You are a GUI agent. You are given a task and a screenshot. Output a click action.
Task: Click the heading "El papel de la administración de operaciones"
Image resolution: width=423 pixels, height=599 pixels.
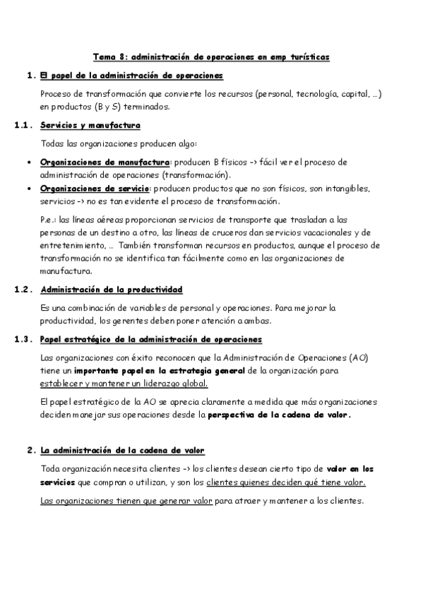coord(132,75)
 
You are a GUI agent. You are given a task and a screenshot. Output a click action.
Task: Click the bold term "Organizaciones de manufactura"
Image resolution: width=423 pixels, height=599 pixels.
coord(105,162)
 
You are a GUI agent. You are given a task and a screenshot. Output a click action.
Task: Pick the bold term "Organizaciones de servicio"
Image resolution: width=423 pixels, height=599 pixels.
coord(95,189)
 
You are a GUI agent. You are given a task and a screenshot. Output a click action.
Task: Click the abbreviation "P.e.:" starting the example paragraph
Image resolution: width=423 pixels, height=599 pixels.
coord(49,220)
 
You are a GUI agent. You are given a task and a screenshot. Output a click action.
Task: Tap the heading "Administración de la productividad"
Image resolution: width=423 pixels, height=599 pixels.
coord(112,290)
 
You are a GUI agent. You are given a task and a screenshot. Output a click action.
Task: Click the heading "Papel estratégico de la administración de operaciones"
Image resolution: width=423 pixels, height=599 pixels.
coord(151,339)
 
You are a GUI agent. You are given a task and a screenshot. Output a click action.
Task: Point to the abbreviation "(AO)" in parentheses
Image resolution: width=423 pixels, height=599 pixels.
coord(357,357)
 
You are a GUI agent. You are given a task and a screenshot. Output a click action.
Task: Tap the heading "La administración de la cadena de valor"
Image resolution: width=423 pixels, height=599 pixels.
coord(123,450)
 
